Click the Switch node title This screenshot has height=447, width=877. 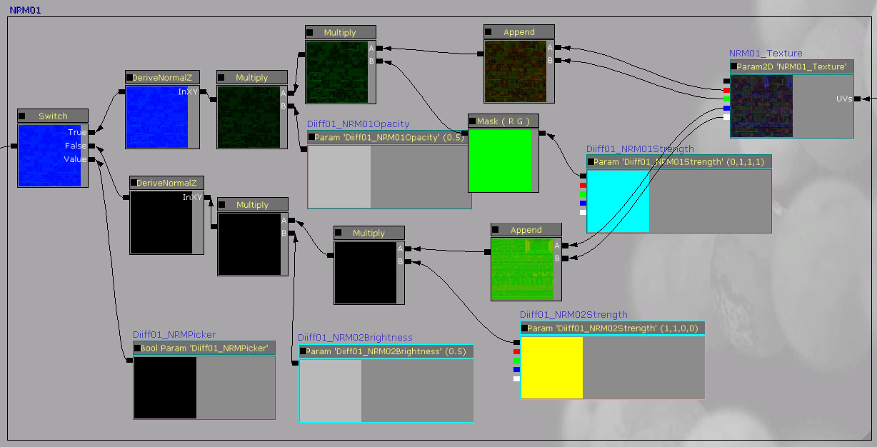[x=53, y=116]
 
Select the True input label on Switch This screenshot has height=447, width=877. [x=77, y=132]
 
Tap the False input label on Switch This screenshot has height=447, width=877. [x=76, y=146]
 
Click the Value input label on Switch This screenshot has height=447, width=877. [x=75, y=159]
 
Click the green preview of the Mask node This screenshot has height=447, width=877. [x=500, y=160]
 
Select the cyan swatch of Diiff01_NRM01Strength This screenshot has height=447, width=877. [x=618, y=201]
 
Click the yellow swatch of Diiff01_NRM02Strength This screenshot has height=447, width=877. [x=551, y=367]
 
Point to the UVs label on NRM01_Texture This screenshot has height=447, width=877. [x=843, y=99]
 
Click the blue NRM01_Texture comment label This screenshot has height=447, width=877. [x=765, y=54]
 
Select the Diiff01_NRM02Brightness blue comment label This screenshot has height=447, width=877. [x=355, y=338]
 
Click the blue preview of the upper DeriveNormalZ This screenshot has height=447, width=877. [x=156, y=116]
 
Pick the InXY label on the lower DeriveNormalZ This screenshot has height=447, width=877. [x=192, y=197]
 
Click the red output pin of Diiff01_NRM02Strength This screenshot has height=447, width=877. [x=516, y=352]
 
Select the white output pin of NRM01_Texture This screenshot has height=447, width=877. [x=726, y=117]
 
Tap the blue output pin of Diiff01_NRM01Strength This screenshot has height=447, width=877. [x=583, y=203]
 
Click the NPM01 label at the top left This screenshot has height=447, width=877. [x=24, y=10]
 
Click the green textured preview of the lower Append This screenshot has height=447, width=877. [x=521, y=268]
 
